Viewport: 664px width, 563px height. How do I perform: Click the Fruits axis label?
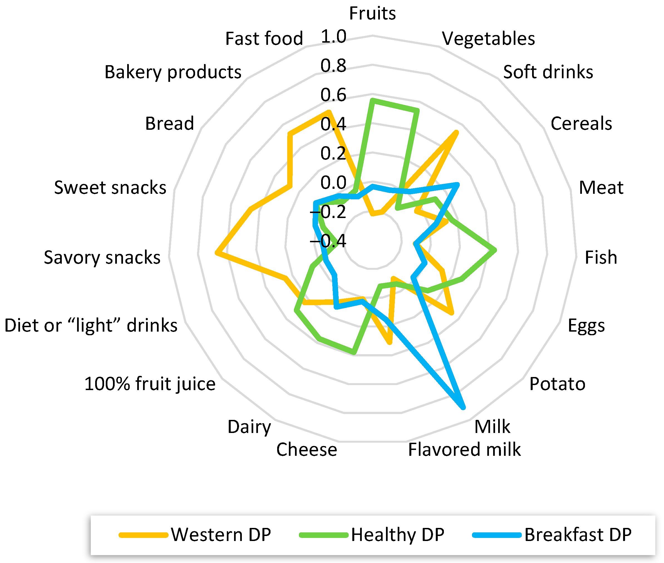coord(372,13)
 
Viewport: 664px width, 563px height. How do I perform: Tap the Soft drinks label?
coord(548,72)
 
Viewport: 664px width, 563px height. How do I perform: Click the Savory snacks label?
coord(102,258)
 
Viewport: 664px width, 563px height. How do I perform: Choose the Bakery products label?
coord(173,72)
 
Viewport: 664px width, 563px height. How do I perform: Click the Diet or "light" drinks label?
coord(91,325)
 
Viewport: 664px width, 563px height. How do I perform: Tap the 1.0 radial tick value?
coord(333,36)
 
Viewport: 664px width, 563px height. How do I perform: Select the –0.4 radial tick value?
coord(328,241)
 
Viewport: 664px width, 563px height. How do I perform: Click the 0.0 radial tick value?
coord(333,183)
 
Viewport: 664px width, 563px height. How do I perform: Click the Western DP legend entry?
coord(221,535)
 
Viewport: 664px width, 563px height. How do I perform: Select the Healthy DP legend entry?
coord(397,535)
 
